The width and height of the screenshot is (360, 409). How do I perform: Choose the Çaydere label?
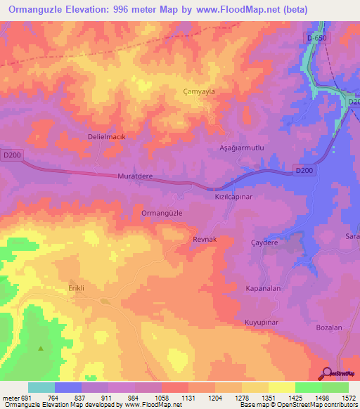point(265,242)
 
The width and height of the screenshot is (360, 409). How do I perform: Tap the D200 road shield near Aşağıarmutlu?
point(303,170)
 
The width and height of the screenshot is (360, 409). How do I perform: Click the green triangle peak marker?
point(40,348)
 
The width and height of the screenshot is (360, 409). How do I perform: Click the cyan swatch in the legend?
point(41,387)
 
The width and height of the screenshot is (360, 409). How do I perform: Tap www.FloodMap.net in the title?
point(238,10)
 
